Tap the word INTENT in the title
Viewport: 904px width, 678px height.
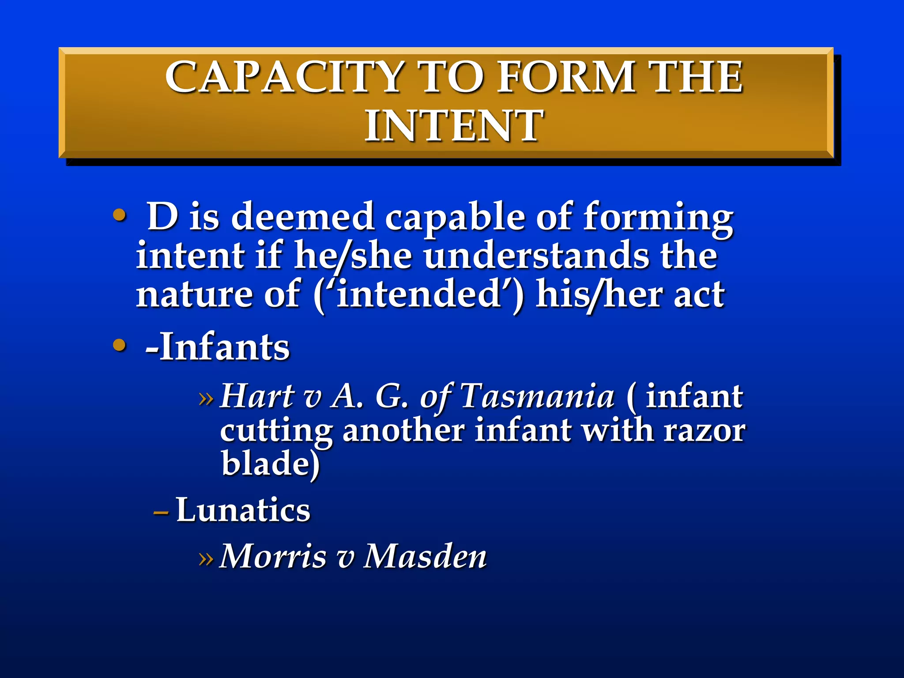click(453, 126)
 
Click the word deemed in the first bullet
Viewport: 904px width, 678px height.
click(303, 217)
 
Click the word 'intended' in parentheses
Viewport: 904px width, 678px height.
click(419, 294)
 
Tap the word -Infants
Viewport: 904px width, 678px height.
click(218, 347)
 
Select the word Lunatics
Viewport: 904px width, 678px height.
click(243, 509)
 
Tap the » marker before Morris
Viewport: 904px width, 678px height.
click(206, 558)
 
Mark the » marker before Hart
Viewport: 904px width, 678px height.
click(206, 399)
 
